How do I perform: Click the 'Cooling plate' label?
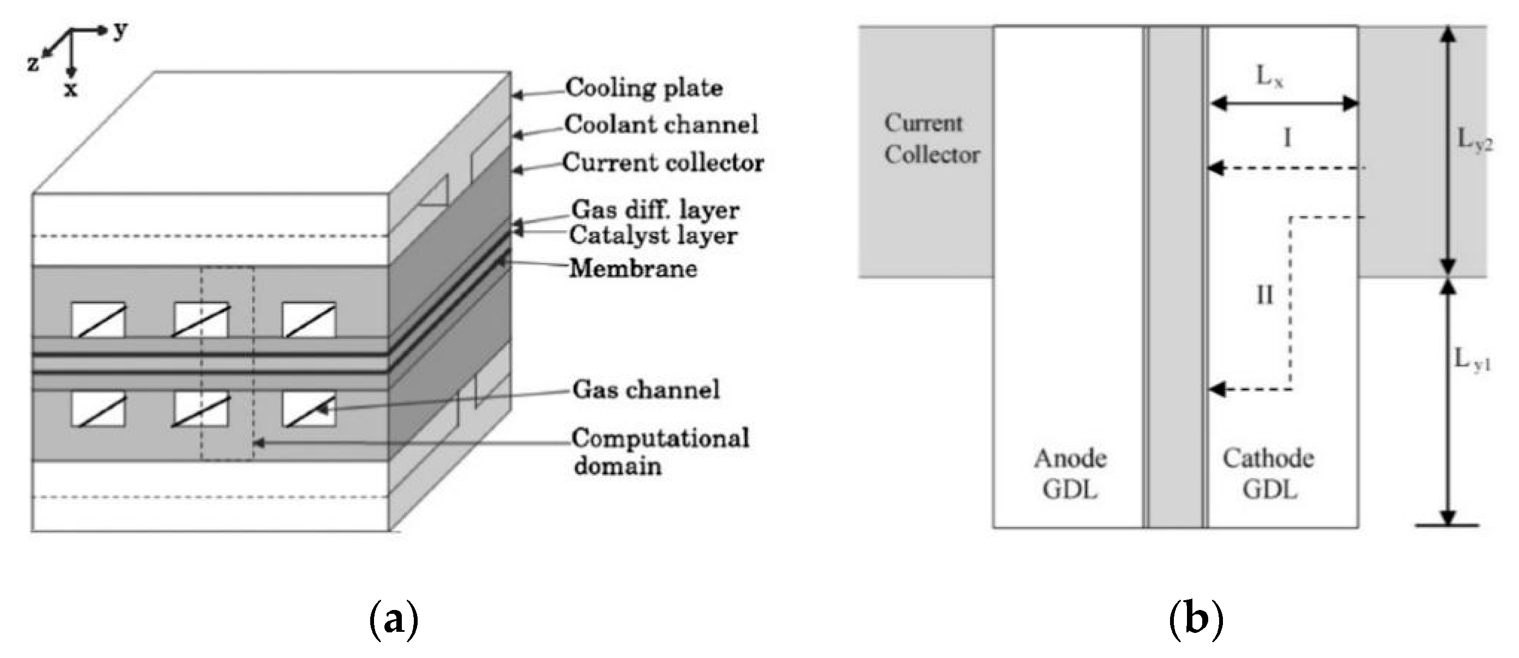(x=644, y=88)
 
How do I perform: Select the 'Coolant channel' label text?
(x=661, y=125)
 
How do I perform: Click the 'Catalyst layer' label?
(x=653, y=236)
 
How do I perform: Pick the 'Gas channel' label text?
(x=646, y=390)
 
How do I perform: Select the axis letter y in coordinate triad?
(x=120, y=29)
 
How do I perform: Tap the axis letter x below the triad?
(x=71, y=89)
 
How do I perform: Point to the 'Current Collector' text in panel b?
(x=931, y=139)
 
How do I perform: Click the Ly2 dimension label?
(x=1475, y=140)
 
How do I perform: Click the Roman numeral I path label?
(x=1287, y=138)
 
